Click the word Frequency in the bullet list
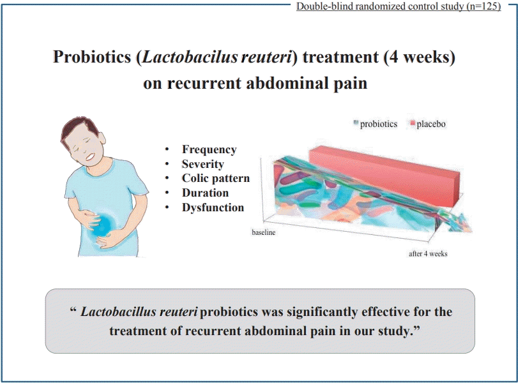[x=209, y=149]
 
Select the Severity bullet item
[x=203, y=164]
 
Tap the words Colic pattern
[x=216, y=178]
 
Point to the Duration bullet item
[x=205, y=193]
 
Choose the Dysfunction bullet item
[x=213, y=207]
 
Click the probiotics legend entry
[x=376, y=124]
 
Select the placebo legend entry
[x=428, y=124]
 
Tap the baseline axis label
[x=264, y=232]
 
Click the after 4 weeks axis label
[x=428, y=254]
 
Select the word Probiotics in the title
[x=92, y=57]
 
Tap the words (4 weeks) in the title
[x=420, y=57]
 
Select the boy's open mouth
[x=90, y=157]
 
